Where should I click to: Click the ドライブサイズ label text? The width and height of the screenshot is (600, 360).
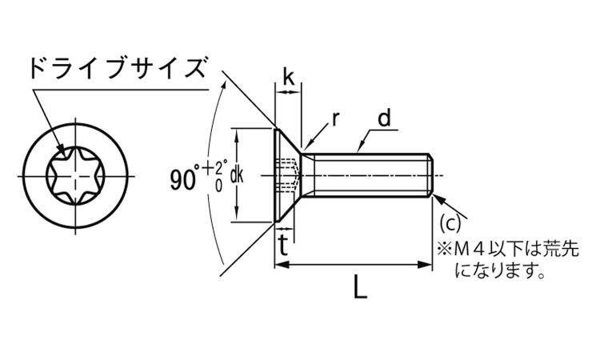click(x=116, y=67)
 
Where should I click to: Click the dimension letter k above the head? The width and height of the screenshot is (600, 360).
click(x=288, y=78)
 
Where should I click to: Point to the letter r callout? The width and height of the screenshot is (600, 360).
click(x=335, y=120)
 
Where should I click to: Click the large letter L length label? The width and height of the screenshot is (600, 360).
click(x=361, y=288)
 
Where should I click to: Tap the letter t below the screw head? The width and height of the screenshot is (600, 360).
click(x=283, y=245)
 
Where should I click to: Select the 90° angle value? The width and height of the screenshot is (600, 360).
click(x=184, y=179)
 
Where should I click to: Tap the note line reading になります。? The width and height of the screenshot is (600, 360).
click(x=499, y=272)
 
